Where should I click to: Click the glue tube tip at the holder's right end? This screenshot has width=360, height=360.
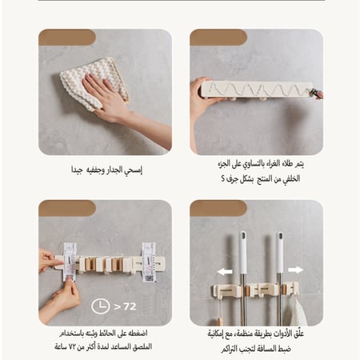(x=316, y=94)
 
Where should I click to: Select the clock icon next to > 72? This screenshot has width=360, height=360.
(x=101, y=306)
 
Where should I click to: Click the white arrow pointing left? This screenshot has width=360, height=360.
(x=225, y=270)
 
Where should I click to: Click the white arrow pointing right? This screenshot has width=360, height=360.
(x=295, y=270)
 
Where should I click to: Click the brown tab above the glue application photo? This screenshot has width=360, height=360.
(x=218, y=38)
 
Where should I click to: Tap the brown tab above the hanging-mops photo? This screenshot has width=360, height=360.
(x=218, y=208)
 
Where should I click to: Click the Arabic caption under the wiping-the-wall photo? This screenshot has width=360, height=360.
(x=107, y=170)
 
